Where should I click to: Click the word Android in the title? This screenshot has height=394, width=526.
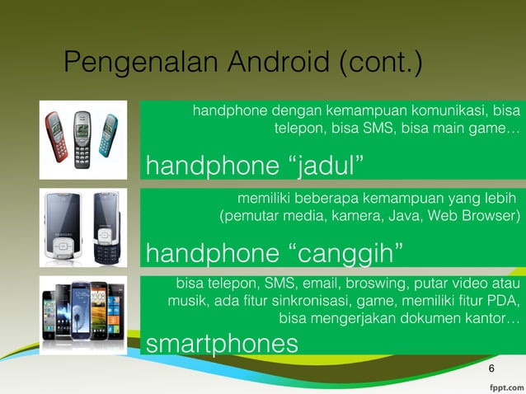coord(267,63)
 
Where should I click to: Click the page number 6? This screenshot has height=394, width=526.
coord(492,368)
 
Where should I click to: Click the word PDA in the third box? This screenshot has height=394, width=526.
coord(503,301)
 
